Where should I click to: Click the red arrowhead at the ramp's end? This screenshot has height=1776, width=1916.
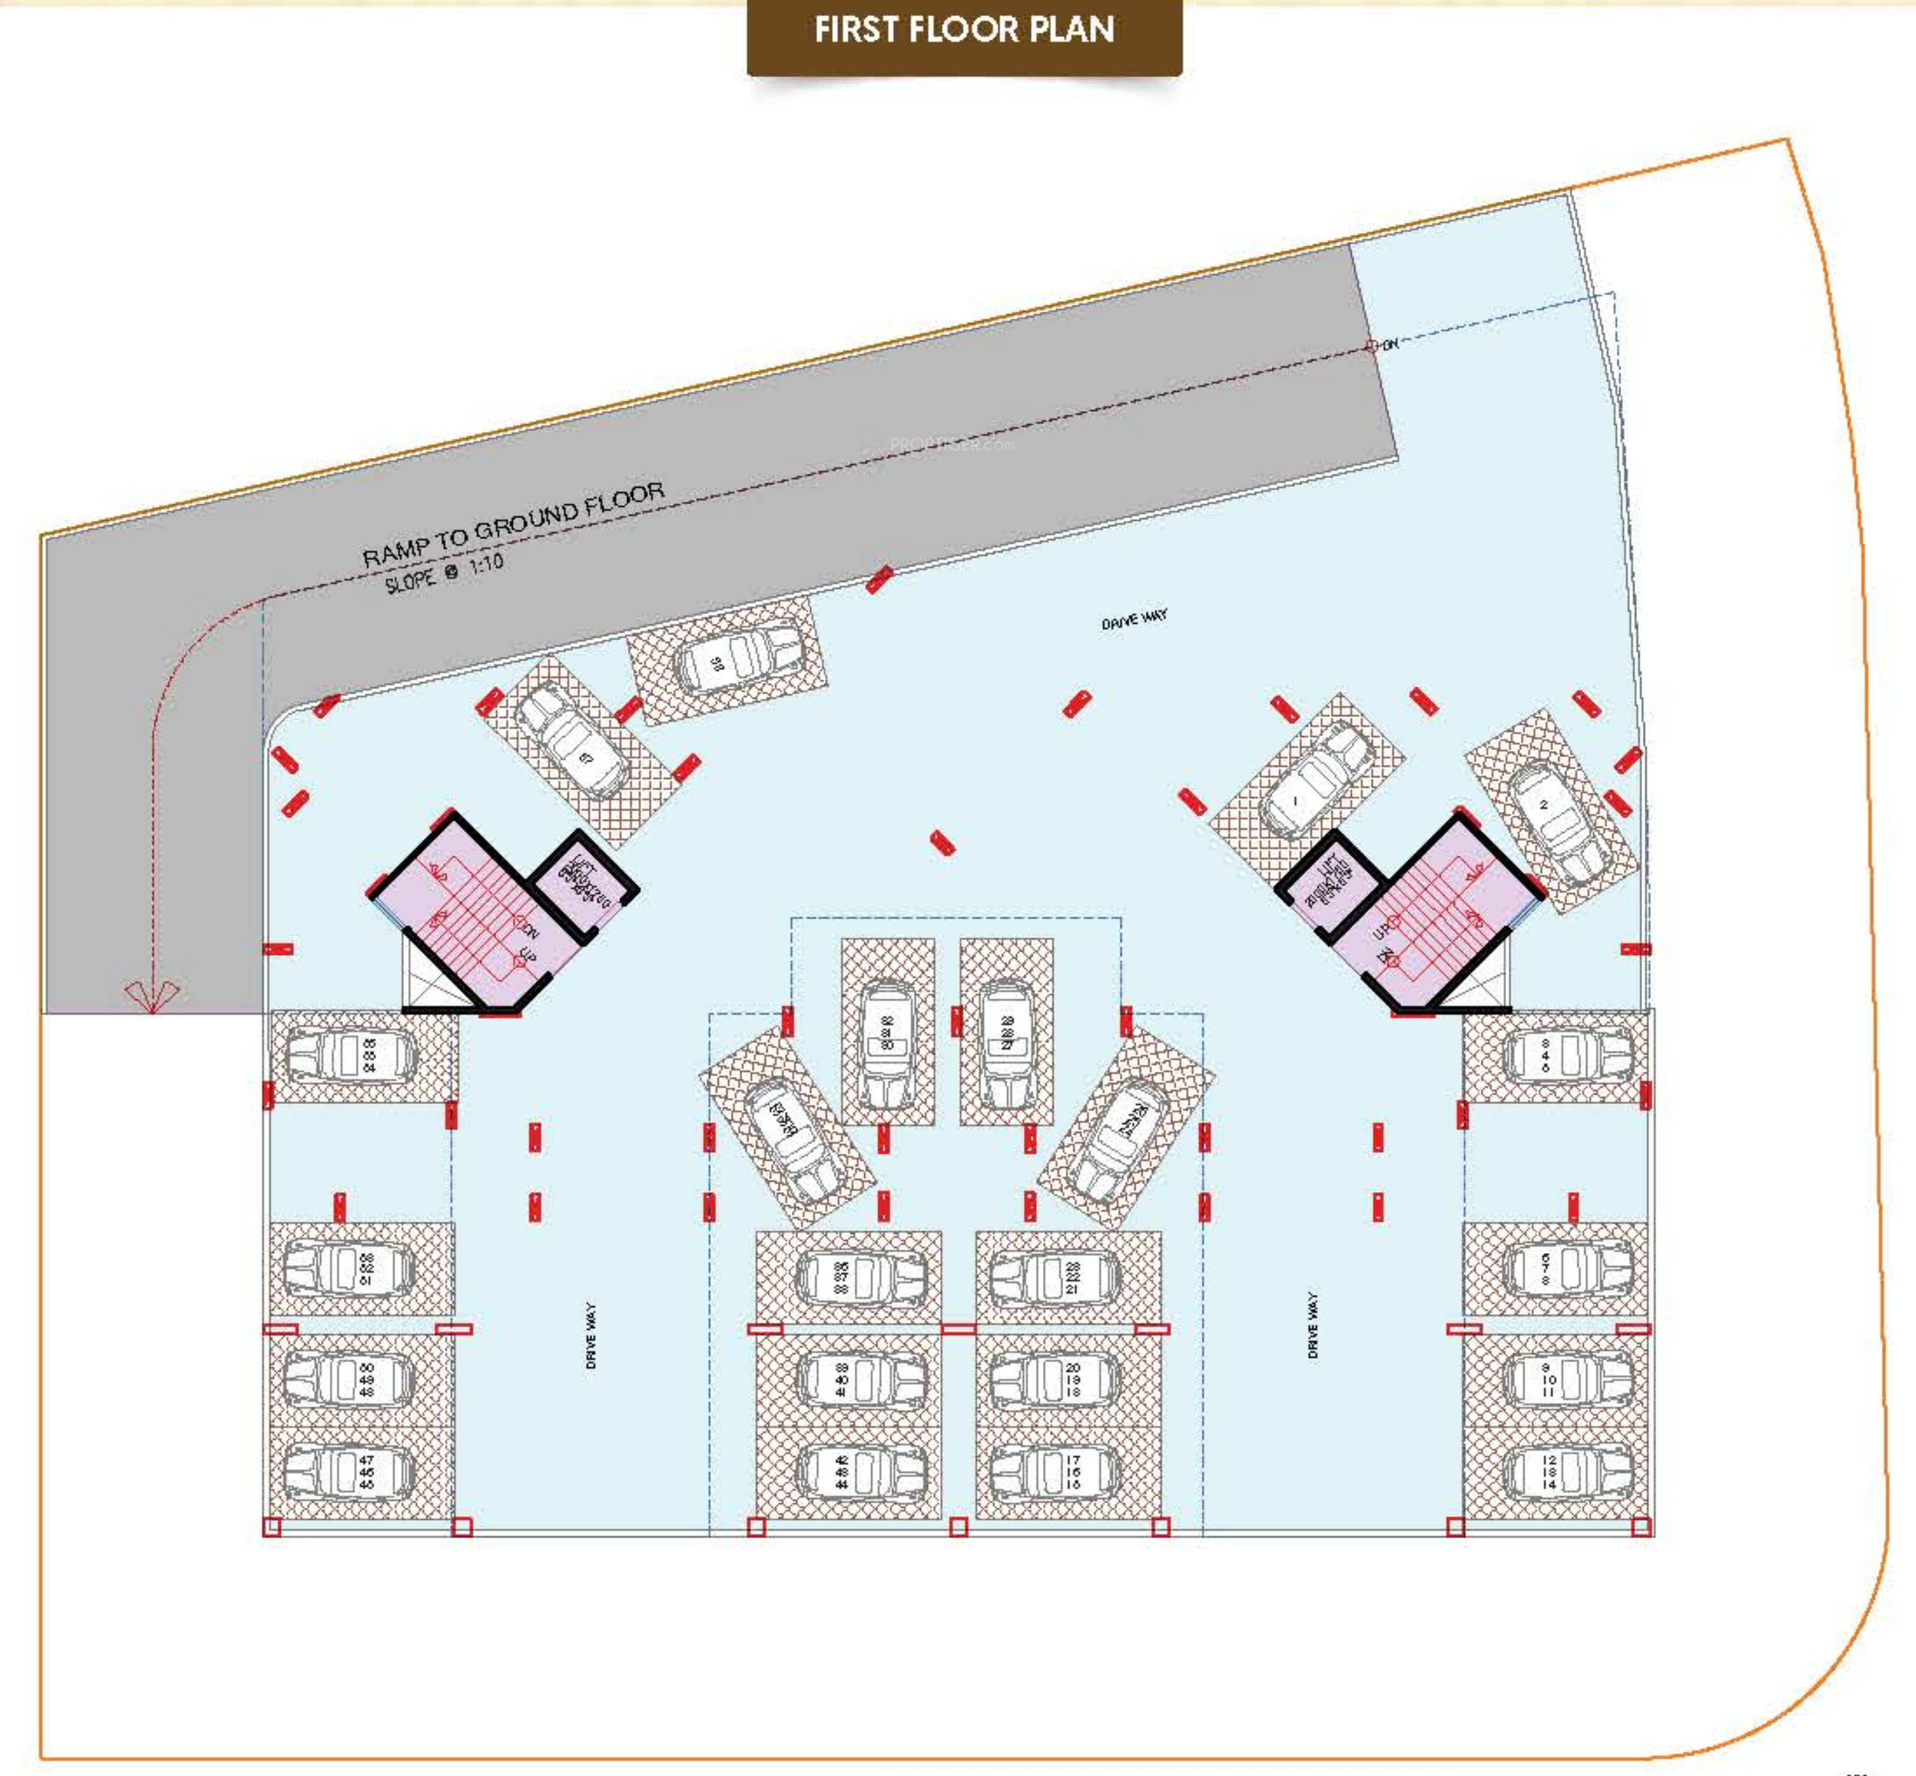point(151,995)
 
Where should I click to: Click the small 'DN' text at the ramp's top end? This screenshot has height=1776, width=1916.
point(1390,343)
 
